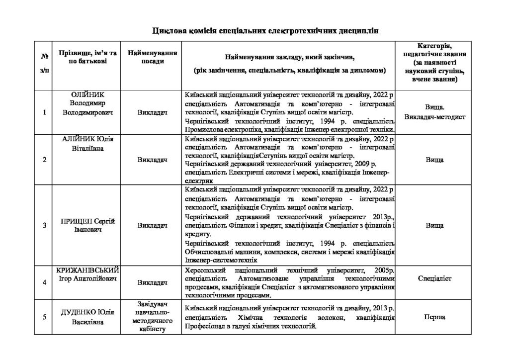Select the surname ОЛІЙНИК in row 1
tap(87, 94)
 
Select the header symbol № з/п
tap(44, 64)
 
